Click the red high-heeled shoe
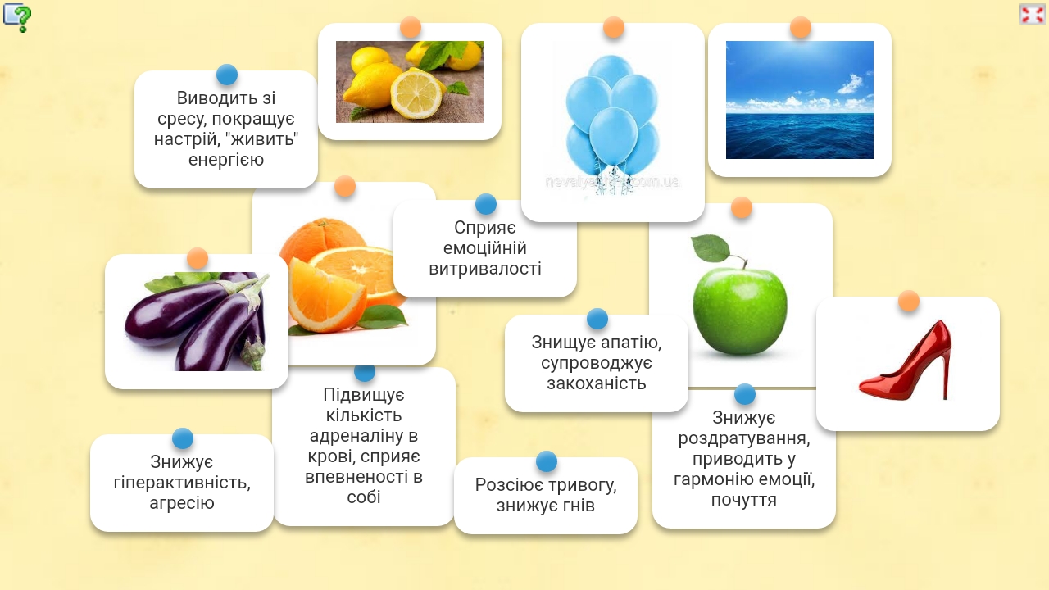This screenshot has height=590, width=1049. [x=906, y=363]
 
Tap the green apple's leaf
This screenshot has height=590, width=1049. [x=711, y=248]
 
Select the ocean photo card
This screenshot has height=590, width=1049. [x=799, y=100]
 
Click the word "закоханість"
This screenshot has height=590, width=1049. [x=596, y=383]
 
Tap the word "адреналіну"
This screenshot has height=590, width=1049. [x=363, y=436]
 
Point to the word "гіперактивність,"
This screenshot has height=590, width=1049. [x=182, y=483]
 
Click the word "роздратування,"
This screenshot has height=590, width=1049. [x=743, y=438]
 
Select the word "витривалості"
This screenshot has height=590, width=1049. [x=484, y=269]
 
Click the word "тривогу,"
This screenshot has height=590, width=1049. [x=582, y=486]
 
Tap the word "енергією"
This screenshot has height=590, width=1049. [x=226, y=160]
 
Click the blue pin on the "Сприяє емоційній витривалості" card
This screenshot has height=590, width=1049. [x=486, y=204]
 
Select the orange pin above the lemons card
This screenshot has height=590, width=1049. [x=411, y=27]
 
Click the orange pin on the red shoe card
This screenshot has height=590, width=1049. [x=909, y=301]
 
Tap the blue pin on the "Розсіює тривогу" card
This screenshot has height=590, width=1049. [x=546, y=461]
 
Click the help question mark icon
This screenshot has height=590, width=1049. [x=17, y=17]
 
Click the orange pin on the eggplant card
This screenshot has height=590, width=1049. [x=198, y=258]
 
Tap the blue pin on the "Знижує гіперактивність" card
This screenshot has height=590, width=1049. [x=182, y=438]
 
